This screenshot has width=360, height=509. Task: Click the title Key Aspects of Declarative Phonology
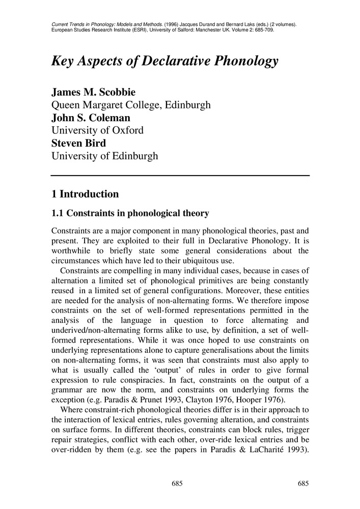165,62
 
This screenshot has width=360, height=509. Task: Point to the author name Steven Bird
78,143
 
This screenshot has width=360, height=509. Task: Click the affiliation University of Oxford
97,130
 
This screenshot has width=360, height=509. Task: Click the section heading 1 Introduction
85,194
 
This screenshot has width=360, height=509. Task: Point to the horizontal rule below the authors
180,176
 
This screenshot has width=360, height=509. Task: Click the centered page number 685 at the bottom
177,483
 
